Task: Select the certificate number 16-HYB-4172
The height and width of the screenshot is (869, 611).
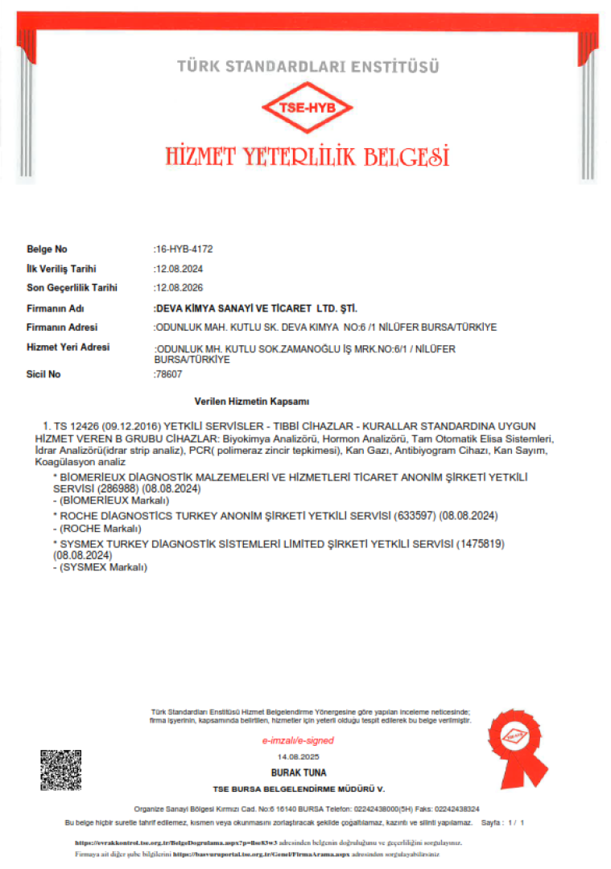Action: pos(184,249)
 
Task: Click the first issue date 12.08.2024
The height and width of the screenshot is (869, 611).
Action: pos(178,269)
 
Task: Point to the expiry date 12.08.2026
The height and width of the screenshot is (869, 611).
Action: pos(178,287)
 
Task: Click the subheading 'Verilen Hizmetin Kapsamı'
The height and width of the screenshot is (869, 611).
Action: pos(252,401)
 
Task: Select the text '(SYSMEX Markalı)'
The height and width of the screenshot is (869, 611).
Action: pos(105,566)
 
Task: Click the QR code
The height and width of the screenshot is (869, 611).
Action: pos(61,770)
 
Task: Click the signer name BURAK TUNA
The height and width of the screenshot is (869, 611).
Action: pos(298,772)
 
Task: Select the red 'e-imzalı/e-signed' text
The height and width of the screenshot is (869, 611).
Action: pos(298,740)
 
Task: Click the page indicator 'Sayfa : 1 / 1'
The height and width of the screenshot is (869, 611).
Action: pos(502,823)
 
